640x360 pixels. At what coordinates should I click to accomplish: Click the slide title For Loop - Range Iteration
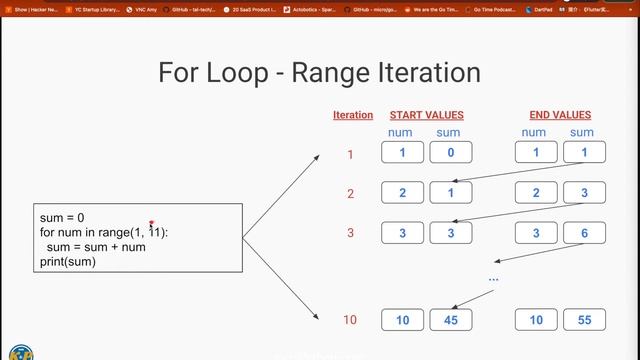[x=320, y=73]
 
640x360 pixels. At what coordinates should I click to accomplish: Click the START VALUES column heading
[x=426, y=116]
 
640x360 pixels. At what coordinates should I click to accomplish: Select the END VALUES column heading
[x=560, y=116]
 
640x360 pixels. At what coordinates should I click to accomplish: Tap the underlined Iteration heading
[x=353, y=116]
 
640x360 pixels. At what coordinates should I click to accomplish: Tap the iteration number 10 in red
[x=350, y=320]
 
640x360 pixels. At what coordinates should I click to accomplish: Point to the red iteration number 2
[x=350, y=194]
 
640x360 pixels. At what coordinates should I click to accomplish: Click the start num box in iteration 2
[x=402, y=194]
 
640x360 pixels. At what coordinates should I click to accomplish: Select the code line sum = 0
[x=62, y=218]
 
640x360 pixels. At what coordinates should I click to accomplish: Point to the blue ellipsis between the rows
[x=493, y=277]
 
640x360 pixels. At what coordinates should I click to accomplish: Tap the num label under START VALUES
[x=400, y=132]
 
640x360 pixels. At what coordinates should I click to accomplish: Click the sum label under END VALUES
[x=582, y=132]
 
